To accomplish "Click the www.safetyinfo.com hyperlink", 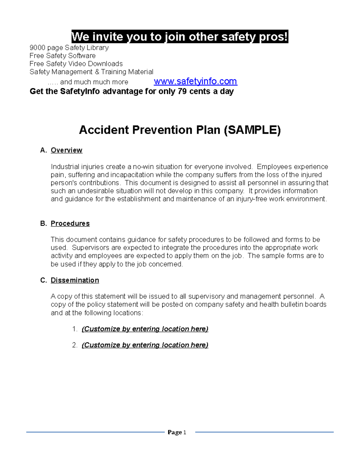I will (x=195, y=81).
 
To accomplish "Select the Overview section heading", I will (x=66, y=150).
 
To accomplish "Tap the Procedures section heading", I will (x=70, y=224).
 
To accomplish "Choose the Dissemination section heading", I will (x=75, y=280).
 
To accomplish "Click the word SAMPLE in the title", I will (x=253, y=130).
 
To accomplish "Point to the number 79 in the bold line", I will (x=182, y=91).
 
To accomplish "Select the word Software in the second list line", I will (x=82, y=56).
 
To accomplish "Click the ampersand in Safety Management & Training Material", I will (x=97, y=72).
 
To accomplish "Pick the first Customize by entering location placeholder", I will (x=145, y=329).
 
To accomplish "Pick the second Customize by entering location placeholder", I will (x=145, y=345).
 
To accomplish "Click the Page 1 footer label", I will (x=177, y=432).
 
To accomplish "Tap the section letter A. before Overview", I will (x=43, y=150).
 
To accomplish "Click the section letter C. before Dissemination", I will (x=43, y=280).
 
